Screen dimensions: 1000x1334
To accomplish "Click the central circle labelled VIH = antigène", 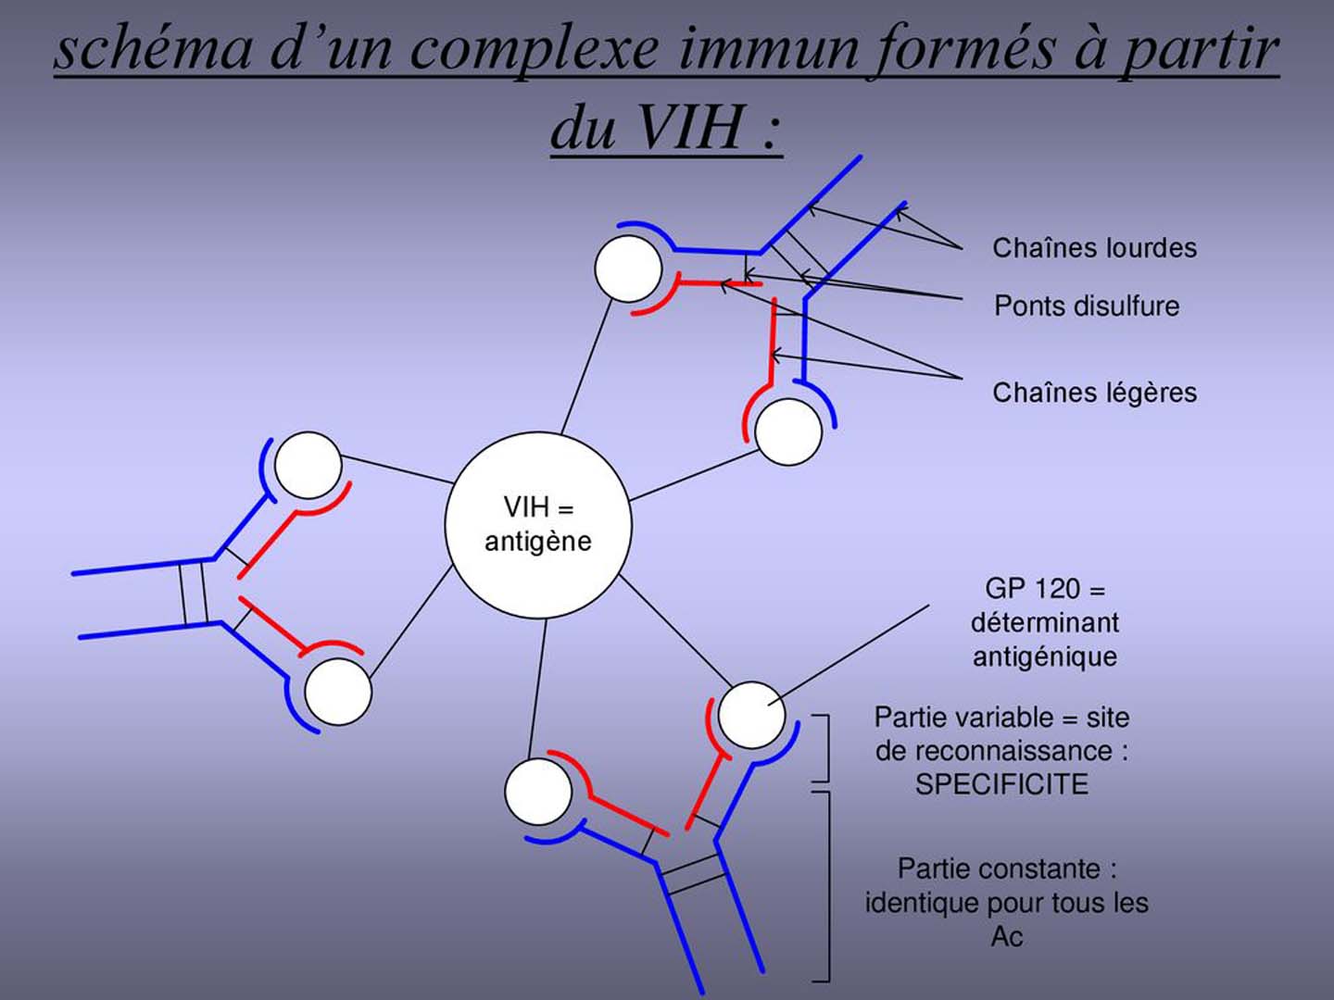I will click(x=537, y=524).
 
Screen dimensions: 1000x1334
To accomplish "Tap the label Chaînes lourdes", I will click(x=1094, y=248).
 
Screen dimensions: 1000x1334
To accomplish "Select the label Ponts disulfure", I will click(x=1087, y=306).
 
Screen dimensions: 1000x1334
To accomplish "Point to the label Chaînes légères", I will click(x=1094, y=393).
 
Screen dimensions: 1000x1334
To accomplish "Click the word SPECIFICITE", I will click(x=1001, y=784).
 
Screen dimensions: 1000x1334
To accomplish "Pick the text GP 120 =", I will click(x=1044, y=589).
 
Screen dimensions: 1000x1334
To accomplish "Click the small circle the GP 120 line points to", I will click(x=751, y=715).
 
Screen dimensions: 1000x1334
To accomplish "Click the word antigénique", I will click(x=1044, y=656).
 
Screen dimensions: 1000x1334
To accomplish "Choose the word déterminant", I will click(x=1044, y=622).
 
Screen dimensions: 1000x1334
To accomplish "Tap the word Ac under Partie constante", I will click(x=1006, y=936).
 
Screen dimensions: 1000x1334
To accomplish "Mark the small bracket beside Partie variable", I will click(x=823, y=748).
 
